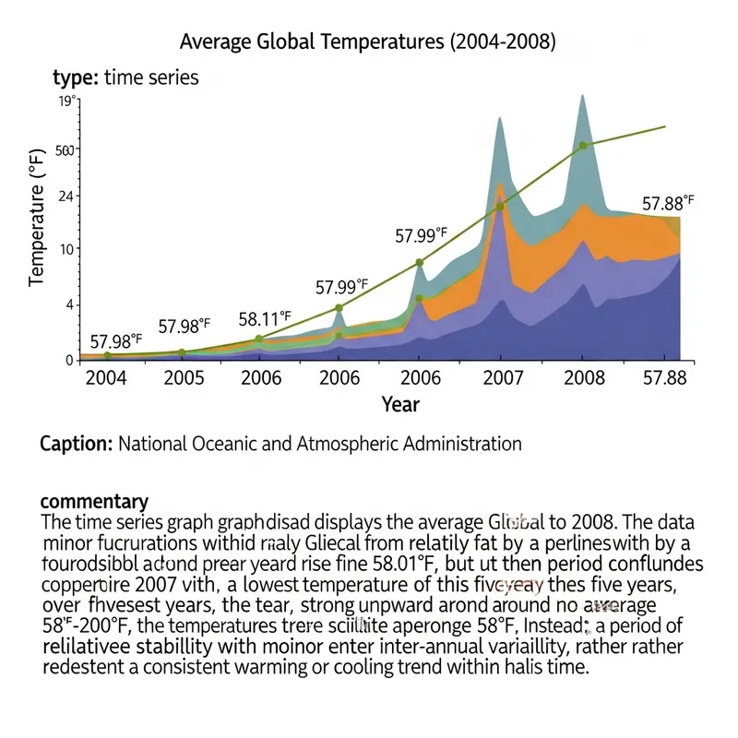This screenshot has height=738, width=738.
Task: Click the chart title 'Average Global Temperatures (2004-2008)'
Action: pos(367,42)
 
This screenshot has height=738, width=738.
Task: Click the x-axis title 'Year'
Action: pos(400,404)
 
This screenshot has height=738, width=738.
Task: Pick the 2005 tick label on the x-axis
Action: pos(183,378)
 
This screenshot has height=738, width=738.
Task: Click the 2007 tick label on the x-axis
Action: pos(505,378)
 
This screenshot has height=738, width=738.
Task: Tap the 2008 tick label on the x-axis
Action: pos(583,378)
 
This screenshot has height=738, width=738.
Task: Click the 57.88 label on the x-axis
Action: pos(662,378)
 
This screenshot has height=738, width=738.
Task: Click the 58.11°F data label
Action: pos(265,319)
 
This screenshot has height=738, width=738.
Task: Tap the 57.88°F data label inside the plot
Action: pos(668,203)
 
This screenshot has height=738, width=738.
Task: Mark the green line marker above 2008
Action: pos(582,145)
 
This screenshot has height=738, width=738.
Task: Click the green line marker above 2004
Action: pos(108,355)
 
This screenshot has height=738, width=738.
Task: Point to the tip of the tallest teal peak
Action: pos(582,95)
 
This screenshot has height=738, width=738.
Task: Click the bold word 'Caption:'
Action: pos(77,444)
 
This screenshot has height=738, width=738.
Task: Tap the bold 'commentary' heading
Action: pos(94,502)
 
